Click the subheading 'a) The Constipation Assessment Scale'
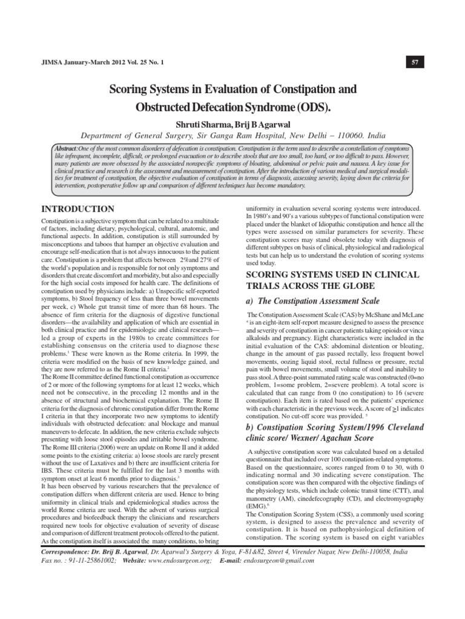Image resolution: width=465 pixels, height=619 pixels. pos(311,300)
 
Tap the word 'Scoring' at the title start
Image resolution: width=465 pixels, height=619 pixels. pos(128,89)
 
